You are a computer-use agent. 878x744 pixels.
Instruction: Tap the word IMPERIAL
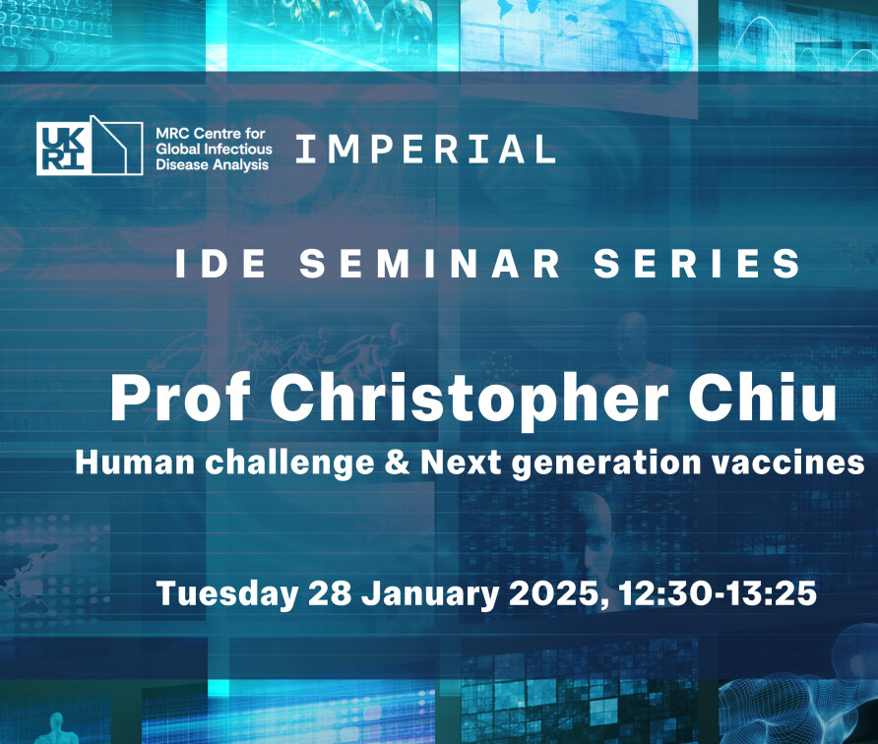pyautogui.click(x=425, y=150)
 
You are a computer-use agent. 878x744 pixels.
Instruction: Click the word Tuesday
pyautogui.click(x=226, y=594)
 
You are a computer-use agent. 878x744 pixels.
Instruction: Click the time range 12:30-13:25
pyautogui.click(x=718, y=593)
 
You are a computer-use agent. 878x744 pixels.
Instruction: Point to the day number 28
pyautogui.click(x=328, y=593)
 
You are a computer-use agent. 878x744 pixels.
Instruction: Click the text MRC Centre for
pyautogui.click(x=202, y=131)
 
